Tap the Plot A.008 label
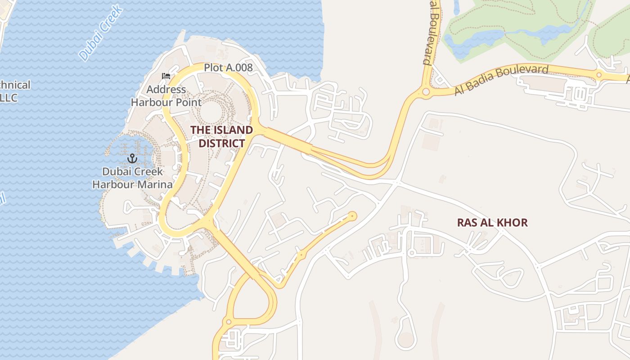(x=228, y=68)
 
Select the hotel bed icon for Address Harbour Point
(x=166, y=76)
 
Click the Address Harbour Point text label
(x=166, y=96)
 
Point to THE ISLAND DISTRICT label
(x=221, y=137)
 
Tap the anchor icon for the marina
(x=132, y=158)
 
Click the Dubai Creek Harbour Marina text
(x=132, y=178)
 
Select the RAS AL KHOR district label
(x=492, y=222)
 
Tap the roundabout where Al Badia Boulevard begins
(x=425, y=93)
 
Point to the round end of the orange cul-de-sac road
(x=352, y=216)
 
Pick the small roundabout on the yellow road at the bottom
(x=228, y=322)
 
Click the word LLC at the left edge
(x=8, y=98)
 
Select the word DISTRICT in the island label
(x=222, y=144)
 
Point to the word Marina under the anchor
(x=156, y=184)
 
